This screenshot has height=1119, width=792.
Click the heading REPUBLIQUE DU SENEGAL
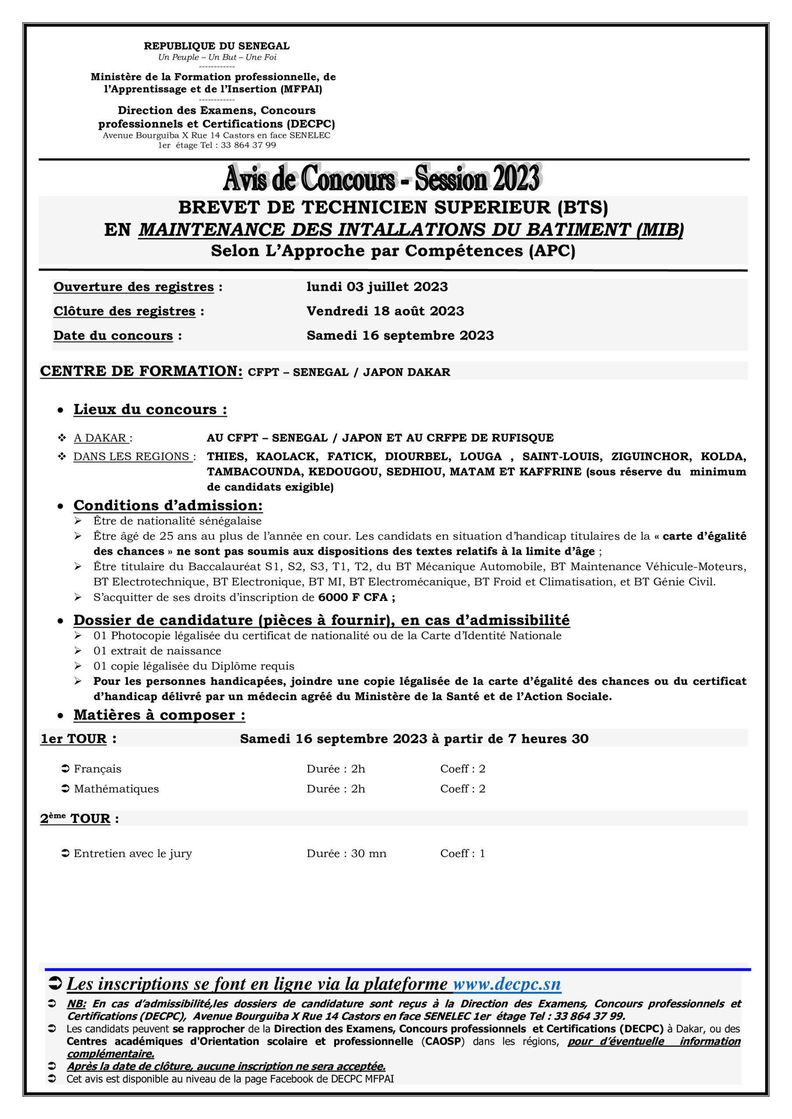pos(216,46)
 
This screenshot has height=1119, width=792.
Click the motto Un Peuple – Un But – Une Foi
pos(217,57)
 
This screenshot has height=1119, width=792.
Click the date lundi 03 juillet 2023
pos(377,287)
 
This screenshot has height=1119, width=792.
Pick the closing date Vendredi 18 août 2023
pos(385,311)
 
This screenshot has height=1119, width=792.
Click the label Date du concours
pos(113,335)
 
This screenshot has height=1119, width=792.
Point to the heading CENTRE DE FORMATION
pos(141,371)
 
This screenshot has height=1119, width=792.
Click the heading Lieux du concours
pos(150,410)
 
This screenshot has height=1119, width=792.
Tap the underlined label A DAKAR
pos(101,438)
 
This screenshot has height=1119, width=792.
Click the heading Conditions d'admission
pos(168,505)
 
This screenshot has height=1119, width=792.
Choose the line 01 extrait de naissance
pos(157,651)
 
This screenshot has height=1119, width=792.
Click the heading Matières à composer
pos(159,715)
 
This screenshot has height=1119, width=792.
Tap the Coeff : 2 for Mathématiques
pos(462,789)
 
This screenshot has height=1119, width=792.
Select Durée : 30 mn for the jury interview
pos(346,853)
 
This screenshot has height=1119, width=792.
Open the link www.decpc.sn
pos(507,984)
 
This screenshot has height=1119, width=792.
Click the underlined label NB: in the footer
pos(76,1004)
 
